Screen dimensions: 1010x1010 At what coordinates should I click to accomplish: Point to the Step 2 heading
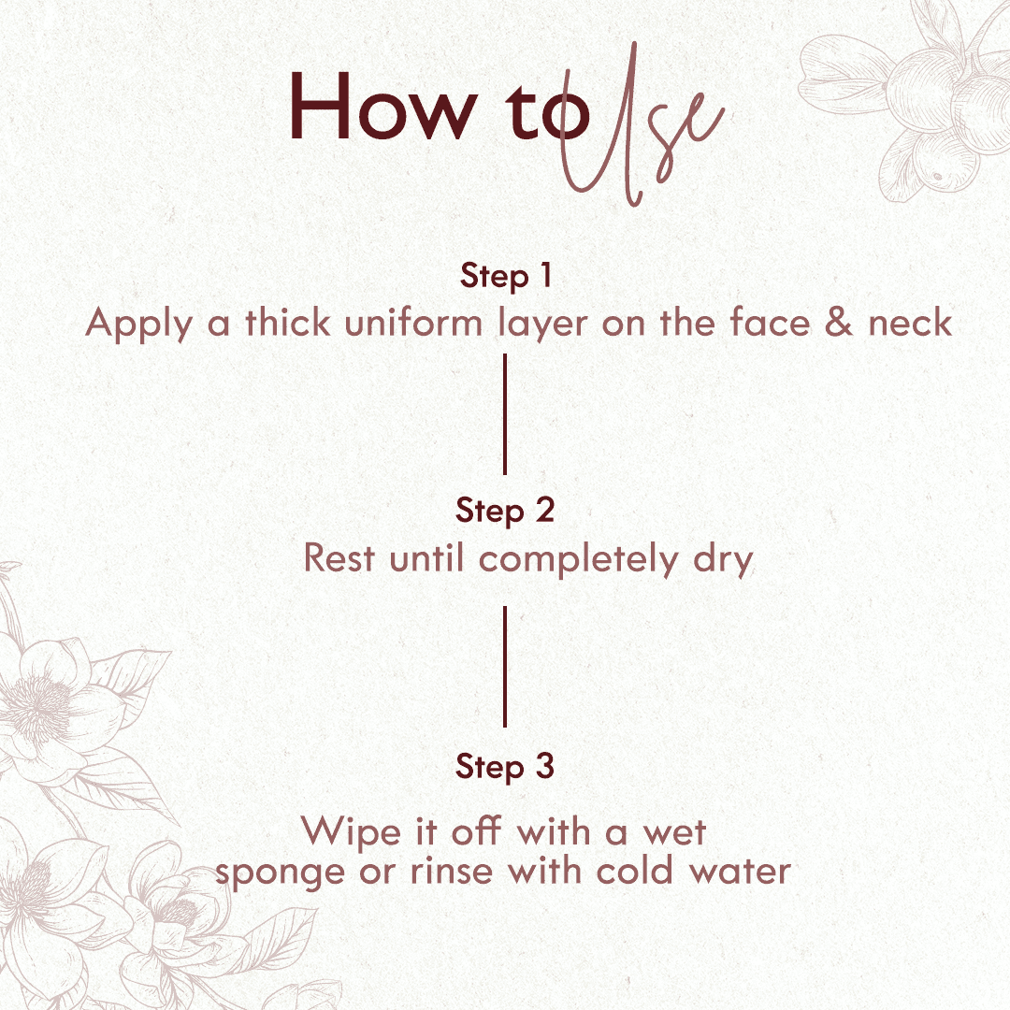tap(505, 511)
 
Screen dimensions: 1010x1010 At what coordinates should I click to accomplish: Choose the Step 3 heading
tap(505, 767)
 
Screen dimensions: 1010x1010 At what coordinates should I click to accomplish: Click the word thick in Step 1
tap(287, 323)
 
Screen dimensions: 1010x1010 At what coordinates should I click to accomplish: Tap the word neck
tap(910, 324)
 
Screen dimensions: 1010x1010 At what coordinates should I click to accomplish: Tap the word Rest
tap(339, 559)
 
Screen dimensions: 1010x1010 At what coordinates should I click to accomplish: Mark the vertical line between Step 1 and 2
tap(505, 413)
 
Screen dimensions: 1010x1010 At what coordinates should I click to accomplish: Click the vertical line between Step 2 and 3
tap(505, 666)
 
